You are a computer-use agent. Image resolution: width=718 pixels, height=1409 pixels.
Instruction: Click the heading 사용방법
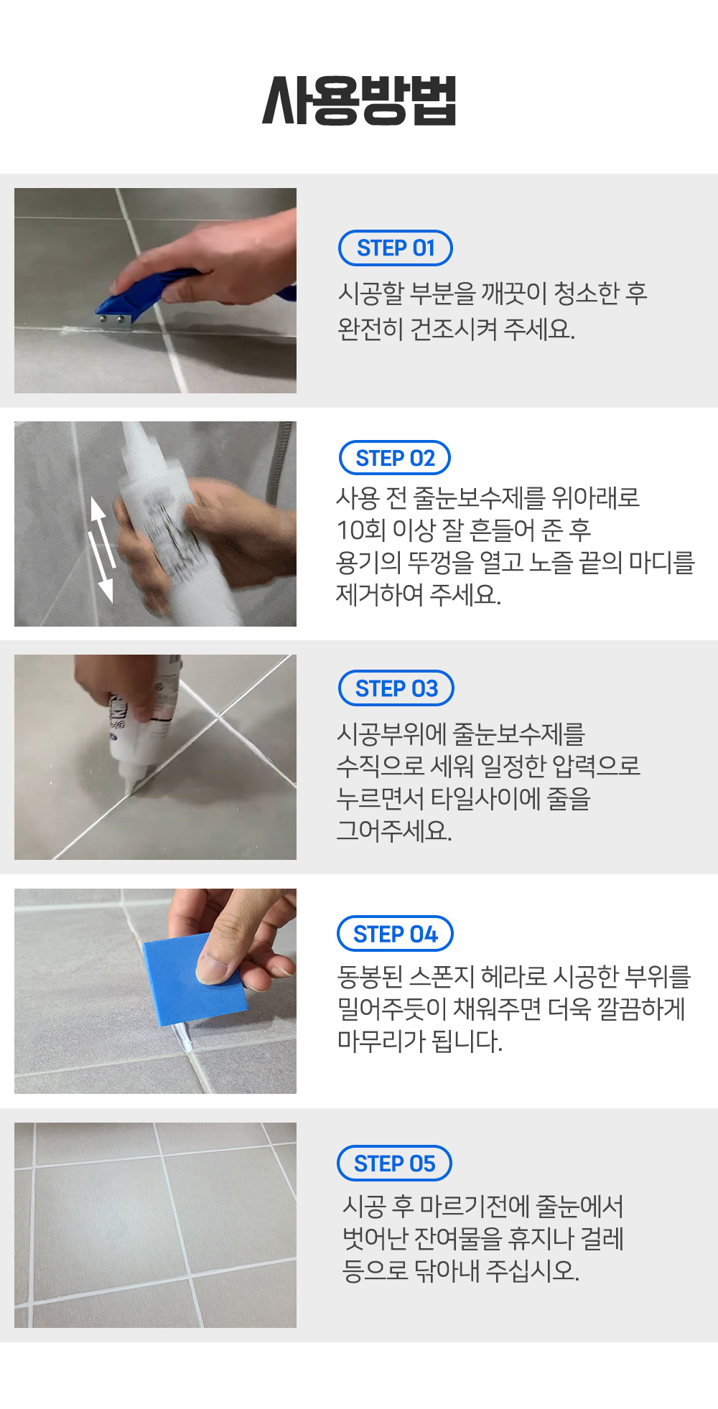coord(359,100)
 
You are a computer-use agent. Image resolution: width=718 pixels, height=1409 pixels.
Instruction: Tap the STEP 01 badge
coord(395,248)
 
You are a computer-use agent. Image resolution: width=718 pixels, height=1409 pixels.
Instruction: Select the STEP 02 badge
coord(395,458)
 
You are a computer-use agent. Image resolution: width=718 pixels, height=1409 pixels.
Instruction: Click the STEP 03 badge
coord(396,688)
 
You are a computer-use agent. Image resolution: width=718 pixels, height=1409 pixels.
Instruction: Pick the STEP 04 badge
coord(395,934)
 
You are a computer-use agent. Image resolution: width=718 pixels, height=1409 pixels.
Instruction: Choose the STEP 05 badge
coord(394,1164)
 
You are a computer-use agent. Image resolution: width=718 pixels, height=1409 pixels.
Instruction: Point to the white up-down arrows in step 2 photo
coord(102,548)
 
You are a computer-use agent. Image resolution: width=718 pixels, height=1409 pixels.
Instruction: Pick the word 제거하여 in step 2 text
coord(380,594)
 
